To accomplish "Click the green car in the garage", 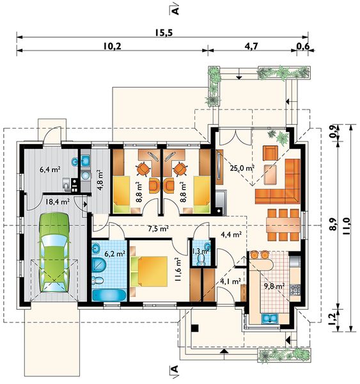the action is point(54,252).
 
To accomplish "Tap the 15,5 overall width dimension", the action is point(164,33).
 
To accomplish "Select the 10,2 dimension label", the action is point(113,46).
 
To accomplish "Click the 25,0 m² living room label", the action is point(242,168).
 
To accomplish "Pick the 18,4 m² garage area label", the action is point(58,202).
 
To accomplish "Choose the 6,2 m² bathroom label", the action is point(115,253).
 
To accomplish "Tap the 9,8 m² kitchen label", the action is point(274,286).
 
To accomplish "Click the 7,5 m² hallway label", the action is point(159,228).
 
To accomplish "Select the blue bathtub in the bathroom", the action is point(109,295).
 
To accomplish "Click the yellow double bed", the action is point(149,271).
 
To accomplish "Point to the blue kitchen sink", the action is point(269,319).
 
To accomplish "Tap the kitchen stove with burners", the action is point(295,290).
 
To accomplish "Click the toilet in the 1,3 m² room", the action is point(201,260).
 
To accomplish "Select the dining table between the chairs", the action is point(283,225).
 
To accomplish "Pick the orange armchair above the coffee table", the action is point(270,153).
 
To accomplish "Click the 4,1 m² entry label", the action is point(230,282).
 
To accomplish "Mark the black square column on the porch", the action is point(195,328).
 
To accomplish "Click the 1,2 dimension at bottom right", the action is point(332,318).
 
